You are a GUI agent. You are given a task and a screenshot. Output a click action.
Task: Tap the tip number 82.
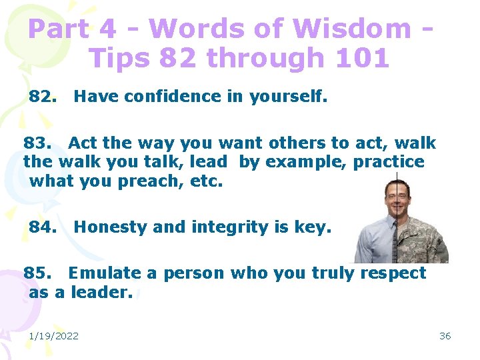tap(41, 97)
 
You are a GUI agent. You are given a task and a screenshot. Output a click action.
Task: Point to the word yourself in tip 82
tap(288, 97)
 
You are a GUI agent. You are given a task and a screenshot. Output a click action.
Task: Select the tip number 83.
tap(36, 143)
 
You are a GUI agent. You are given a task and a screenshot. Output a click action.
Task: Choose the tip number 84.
tap(41, 227)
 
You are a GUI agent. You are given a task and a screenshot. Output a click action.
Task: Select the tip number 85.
tap(36, 273)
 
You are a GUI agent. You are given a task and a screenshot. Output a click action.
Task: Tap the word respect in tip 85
tap(393, 273)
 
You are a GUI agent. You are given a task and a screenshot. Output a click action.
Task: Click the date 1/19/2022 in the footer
tap(53, 336)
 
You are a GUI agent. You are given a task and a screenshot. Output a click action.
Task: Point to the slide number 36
tap(445, 336)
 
